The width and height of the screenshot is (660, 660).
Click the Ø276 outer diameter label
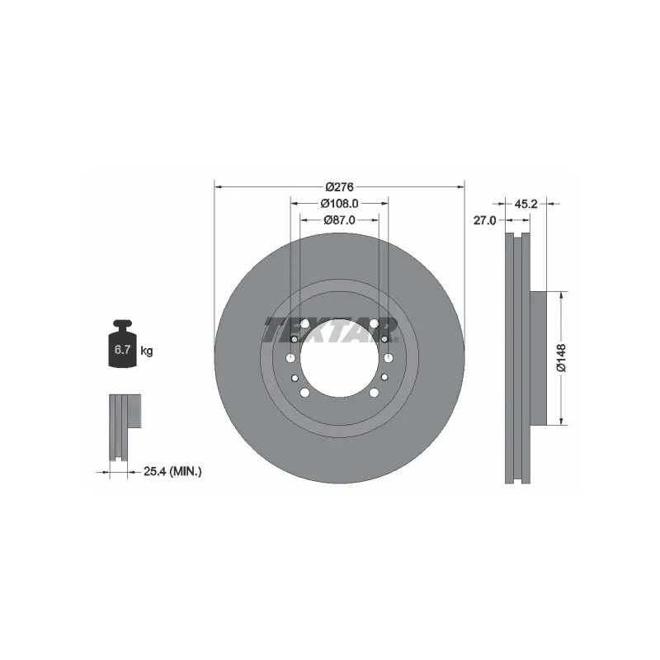pyautogui.click(x=339, y=186)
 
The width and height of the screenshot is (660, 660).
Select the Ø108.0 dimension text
pyautogui.click(x=339, y=203)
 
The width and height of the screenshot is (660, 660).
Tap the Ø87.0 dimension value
pyautogui.click(x=339, y=219)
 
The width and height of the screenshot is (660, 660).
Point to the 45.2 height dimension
pyautogui.click(x=526, y=204)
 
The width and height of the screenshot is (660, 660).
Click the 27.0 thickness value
pyautogui.click(x=484, y=220)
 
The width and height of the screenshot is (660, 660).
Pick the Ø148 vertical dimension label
pyautogui.click(x=562, y=358)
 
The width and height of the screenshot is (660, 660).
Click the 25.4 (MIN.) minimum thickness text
pyautogui.click(x=172, y=471)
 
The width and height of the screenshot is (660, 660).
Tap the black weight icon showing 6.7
pyautogui.click(x=122, y=343)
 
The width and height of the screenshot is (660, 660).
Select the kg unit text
pyautogui.click(x=147, y=351)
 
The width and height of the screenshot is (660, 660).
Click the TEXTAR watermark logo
pyautogui.click(x=332, y=331)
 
